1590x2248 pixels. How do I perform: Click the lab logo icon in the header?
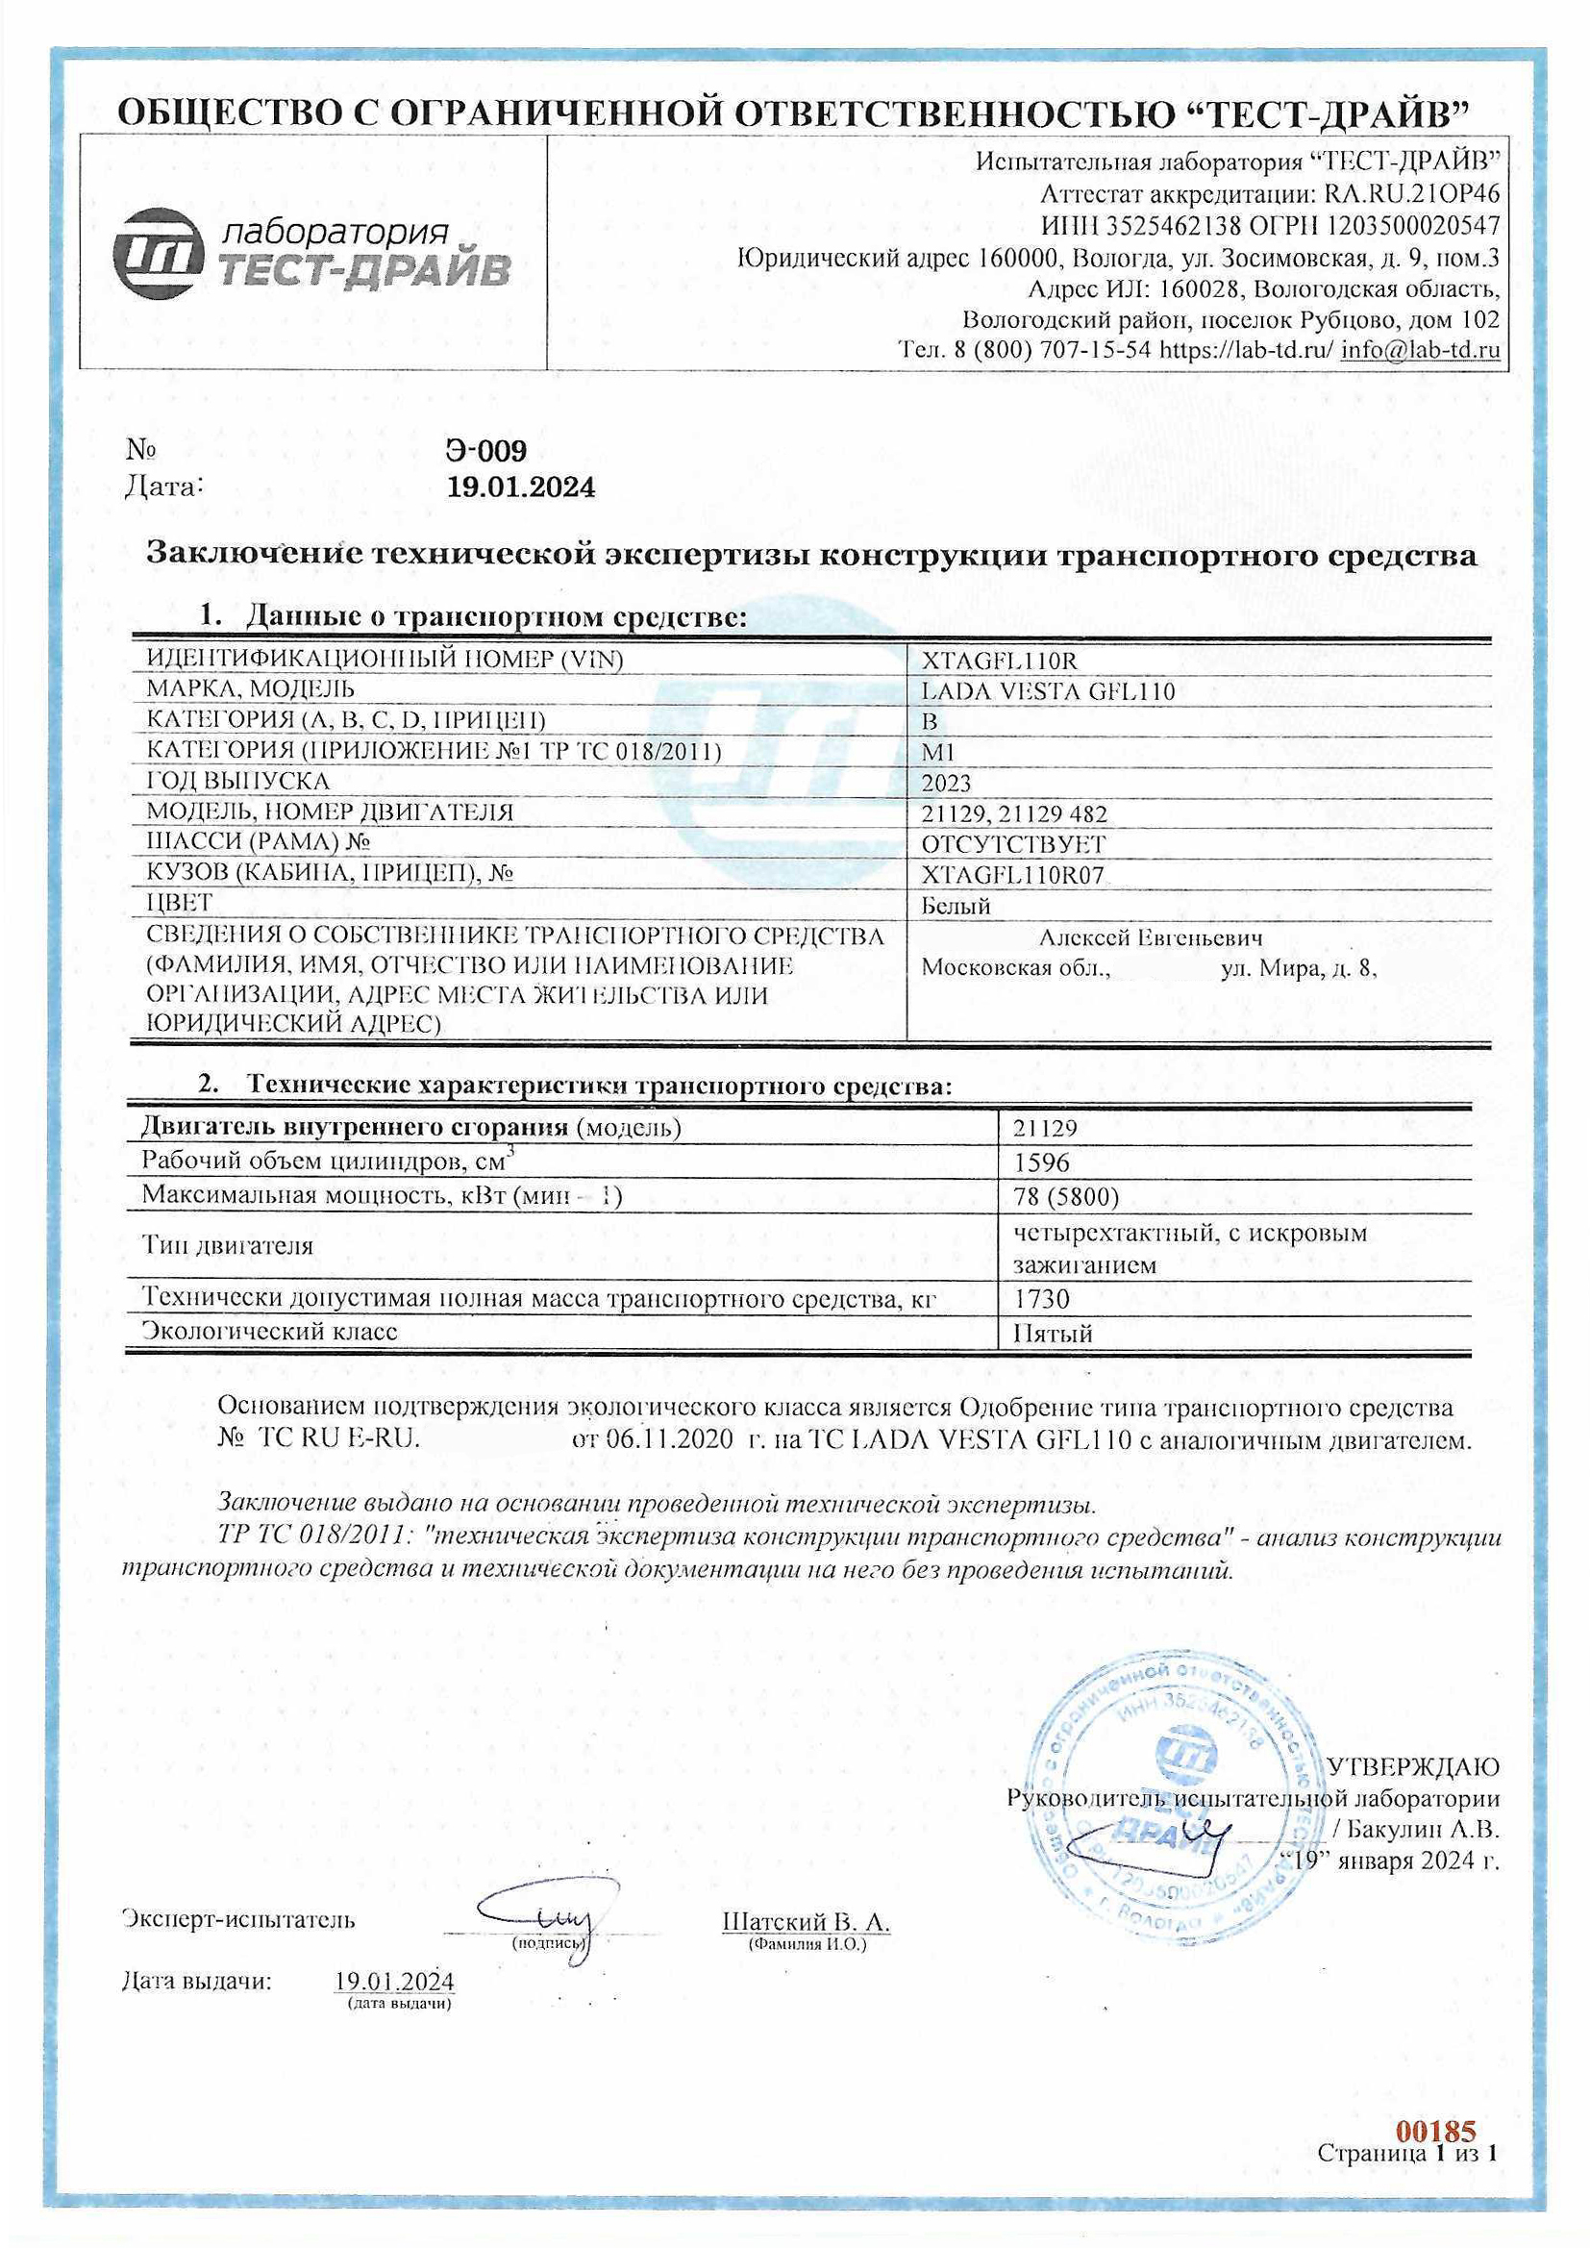[157, 253]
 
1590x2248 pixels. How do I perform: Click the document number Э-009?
[485, 450]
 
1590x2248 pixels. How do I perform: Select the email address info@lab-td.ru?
[1420, 350]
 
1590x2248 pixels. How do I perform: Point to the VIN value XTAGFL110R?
[999, 661]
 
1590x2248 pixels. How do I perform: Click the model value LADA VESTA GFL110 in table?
[1048, 691]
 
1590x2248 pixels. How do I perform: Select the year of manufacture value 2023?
[946, 784]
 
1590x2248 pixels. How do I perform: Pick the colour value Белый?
[956, 906]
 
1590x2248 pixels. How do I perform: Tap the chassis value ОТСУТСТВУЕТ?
[1013, 844]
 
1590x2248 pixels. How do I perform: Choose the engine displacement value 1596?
[1042, 1162]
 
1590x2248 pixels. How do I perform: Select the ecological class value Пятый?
[1053, 1333]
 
